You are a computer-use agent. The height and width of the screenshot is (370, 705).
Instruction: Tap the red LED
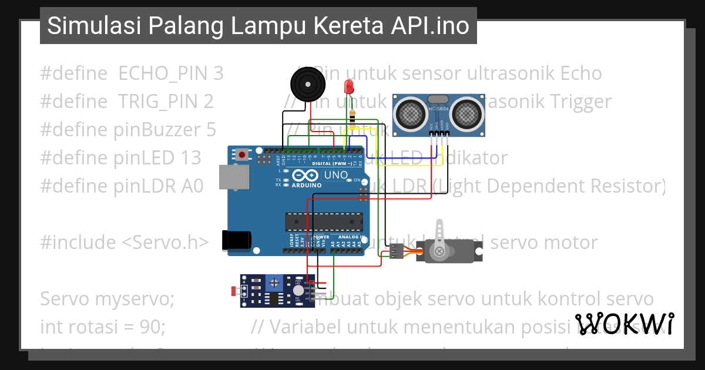point(348,87)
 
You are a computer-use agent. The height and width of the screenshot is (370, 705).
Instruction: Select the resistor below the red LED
point(352,117)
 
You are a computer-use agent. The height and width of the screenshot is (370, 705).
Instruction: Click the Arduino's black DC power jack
point(236,240)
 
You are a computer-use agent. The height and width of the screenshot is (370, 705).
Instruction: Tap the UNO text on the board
point(336,175)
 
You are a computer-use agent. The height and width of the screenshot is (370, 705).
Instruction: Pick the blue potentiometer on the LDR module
point(273,284)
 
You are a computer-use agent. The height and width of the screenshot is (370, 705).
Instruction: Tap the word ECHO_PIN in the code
point(170,73)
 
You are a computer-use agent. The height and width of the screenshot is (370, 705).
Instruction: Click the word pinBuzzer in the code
point(166,130)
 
